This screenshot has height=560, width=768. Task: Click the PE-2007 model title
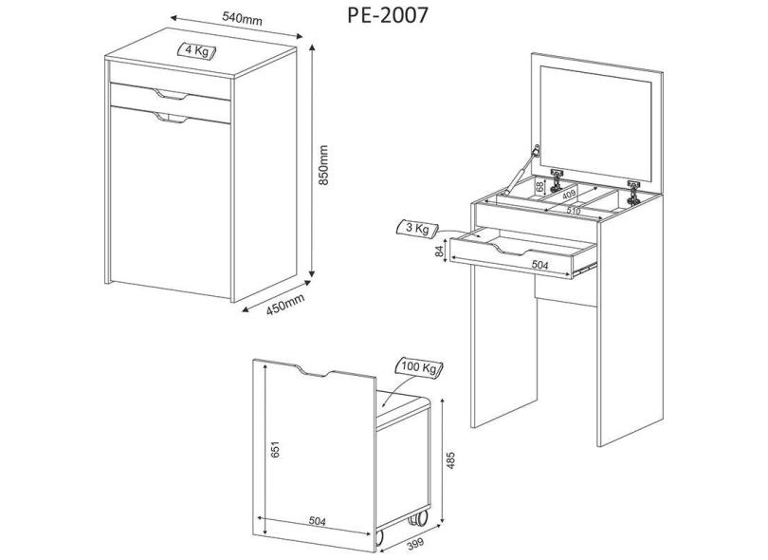pyautogui.click(x=387, y=15)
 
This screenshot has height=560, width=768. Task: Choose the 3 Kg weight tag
pyautogui.click(x=416, y=229)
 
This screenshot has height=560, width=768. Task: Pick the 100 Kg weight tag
pyautogui.click(x=417, y=367)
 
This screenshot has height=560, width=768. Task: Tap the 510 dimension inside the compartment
pyautogui.click(x=575, y=211)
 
